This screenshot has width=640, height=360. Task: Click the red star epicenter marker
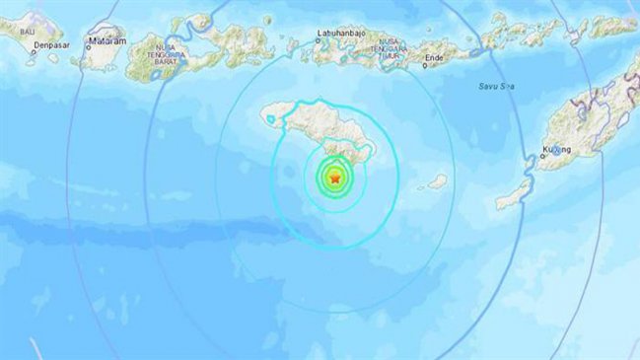point(336,179)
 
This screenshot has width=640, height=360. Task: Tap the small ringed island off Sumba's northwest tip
point(268,119)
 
